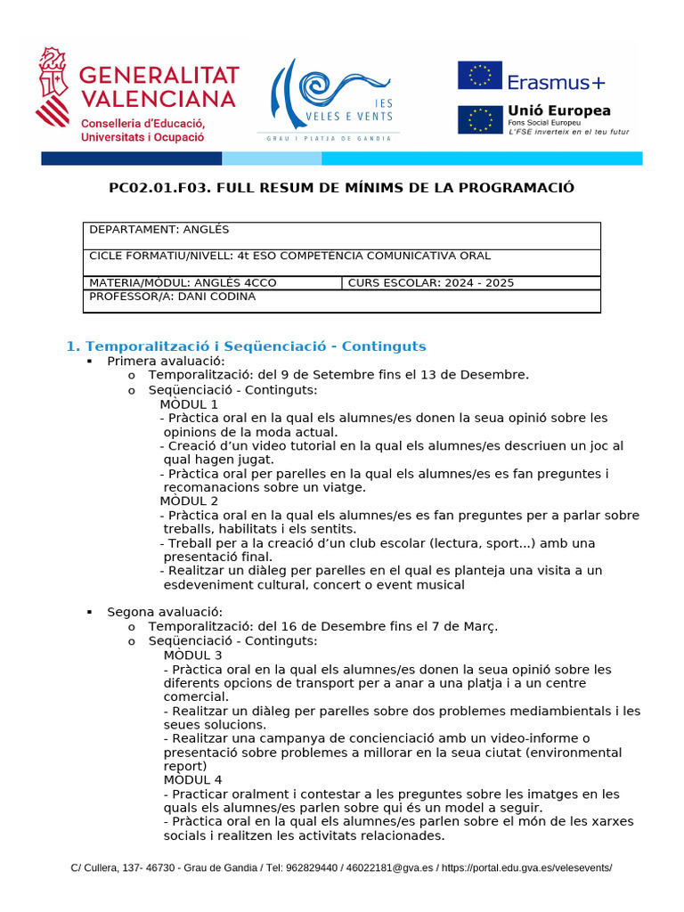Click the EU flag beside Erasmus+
480,77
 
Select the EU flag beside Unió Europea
480,119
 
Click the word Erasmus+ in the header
557,82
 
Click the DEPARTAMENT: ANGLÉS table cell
341,235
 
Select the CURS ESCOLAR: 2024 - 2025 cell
470,283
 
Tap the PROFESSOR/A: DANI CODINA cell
341,301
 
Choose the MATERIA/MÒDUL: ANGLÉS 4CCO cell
212,283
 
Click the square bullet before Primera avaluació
90,362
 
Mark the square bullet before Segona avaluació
90,612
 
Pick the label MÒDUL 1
189,403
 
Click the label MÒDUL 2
189,501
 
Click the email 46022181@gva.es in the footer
390,867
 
